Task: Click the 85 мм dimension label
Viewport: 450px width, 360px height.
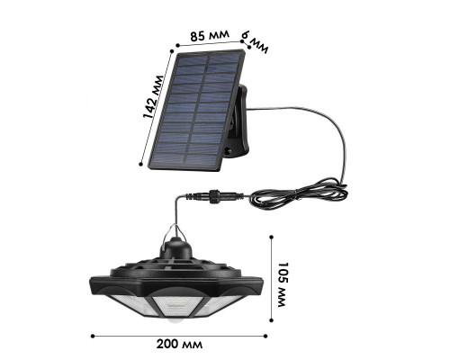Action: pyautogui.click(x=210, y=35)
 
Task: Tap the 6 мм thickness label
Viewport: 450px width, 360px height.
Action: pyautogui.click(x=255, y=42)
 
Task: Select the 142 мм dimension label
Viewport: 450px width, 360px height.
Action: pyautogui.click(x=153, y=97)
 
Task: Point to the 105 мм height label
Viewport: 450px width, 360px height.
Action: pyautogui.click(x=283, y=284)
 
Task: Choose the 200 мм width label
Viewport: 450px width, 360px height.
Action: pyautogui.click(x=179, y=344)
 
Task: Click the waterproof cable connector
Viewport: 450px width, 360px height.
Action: pyautogui.click(x=214, y=196)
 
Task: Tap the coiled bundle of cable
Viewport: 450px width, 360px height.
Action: pyautogui.click(x=299, y=193)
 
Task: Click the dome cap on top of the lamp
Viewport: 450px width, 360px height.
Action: pyautogui.click(x=175, y=247)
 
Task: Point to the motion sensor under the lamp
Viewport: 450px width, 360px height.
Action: pyautogui.click(x=175, y=321)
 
